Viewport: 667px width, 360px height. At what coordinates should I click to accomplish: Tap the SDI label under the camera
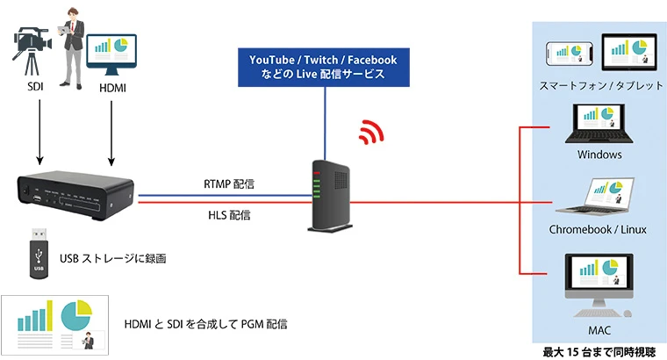pyautogui.click(x=36, y=89)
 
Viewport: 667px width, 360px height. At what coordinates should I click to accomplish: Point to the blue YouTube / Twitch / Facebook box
pyautogui.click(x=324, y=67)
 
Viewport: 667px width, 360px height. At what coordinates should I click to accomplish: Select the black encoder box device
pyautogui.click(x=77, y=192)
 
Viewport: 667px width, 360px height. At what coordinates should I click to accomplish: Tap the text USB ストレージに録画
pyautogui.click(x=113, y=258)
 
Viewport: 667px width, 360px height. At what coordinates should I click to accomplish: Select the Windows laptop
pyautogui.click(x=600, y=125)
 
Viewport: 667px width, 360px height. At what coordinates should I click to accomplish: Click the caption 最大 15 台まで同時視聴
pyautogui.click(x=599, y=351)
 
